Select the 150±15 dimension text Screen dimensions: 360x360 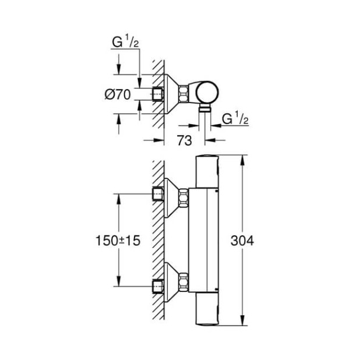[x=119, y=241]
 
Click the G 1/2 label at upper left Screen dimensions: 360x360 [x=125, y=43]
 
